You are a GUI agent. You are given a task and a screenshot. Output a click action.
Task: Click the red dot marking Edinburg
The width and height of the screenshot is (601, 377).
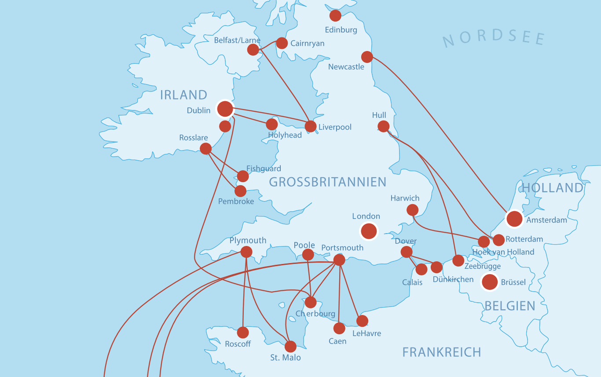pos(335,15)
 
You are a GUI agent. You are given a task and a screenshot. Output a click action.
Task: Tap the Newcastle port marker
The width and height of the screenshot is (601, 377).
pos(367,57)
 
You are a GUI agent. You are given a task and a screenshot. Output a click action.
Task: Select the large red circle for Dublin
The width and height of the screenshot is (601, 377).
pos(225,109)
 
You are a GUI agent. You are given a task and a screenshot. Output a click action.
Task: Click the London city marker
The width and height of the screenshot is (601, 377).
pos(369,231)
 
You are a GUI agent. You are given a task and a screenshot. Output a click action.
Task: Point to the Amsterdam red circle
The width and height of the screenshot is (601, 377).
pos(514,219)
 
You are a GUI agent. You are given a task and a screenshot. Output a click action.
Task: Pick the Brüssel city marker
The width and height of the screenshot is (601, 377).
pos(490,282)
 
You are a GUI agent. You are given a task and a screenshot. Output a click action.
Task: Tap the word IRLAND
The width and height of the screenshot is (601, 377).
pos(183,95)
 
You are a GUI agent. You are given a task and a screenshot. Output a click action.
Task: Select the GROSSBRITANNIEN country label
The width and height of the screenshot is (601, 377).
pos(327,182)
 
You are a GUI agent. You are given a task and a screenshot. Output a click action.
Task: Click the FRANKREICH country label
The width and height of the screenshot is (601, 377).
pos(442,352)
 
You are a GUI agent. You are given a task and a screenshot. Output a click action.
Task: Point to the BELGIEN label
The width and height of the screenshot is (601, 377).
pos(510,306)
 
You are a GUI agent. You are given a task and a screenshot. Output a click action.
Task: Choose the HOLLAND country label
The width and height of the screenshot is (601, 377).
pos(552,188)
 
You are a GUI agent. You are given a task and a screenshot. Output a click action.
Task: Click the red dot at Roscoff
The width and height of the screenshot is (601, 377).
pos(243,333)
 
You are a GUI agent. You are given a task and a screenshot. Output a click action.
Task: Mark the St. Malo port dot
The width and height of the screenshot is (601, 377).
pos(290,347)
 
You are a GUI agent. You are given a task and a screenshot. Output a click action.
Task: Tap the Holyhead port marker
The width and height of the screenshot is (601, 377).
pos(272,124)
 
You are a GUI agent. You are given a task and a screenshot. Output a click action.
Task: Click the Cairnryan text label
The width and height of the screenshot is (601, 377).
pos(308,44)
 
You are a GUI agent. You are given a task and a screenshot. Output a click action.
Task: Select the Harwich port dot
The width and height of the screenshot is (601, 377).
pos(412,210)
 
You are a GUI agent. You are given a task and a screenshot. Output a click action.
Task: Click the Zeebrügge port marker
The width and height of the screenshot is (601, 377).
pos(458,260)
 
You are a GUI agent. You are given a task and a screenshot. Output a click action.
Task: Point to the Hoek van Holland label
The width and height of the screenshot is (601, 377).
pos(503,252)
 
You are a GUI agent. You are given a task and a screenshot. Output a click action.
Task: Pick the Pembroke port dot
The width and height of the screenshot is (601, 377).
pos(240,191)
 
